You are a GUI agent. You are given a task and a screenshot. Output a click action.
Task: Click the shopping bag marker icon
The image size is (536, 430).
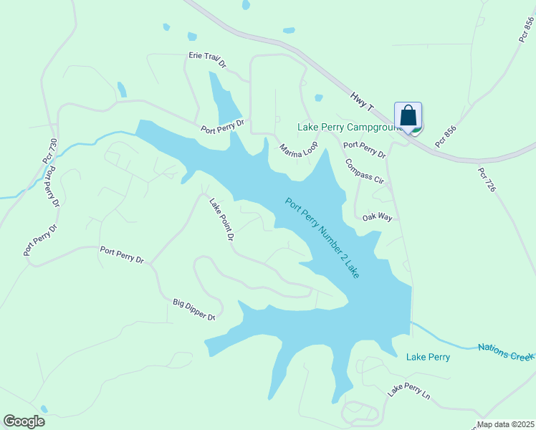[x=408, y=116]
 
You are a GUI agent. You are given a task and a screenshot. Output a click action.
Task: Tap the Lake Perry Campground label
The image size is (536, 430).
[x=345, y=128]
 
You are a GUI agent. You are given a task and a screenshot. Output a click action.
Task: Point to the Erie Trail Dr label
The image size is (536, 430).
[x=207, y=59]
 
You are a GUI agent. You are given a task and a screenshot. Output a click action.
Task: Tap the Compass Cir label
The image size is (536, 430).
[x=365, y=171]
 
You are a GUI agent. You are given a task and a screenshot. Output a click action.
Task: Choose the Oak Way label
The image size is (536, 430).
[x=377, y=217]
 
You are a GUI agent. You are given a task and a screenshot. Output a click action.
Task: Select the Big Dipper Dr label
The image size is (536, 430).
[x=194, y=310]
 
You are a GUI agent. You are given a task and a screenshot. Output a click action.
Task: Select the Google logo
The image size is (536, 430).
[x=24, y=421]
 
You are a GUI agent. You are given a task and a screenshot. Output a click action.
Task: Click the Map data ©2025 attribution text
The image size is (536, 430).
[x=506, y=424]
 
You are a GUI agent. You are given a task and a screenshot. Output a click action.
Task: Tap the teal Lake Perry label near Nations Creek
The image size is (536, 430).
[x=428, y=357]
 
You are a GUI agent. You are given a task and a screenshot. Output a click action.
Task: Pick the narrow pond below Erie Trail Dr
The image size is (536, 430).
[x=224, y=97]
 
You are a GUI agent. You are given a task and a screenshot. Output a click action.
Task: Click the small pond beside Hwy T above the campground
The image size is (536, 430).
[x=318, y=98]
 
